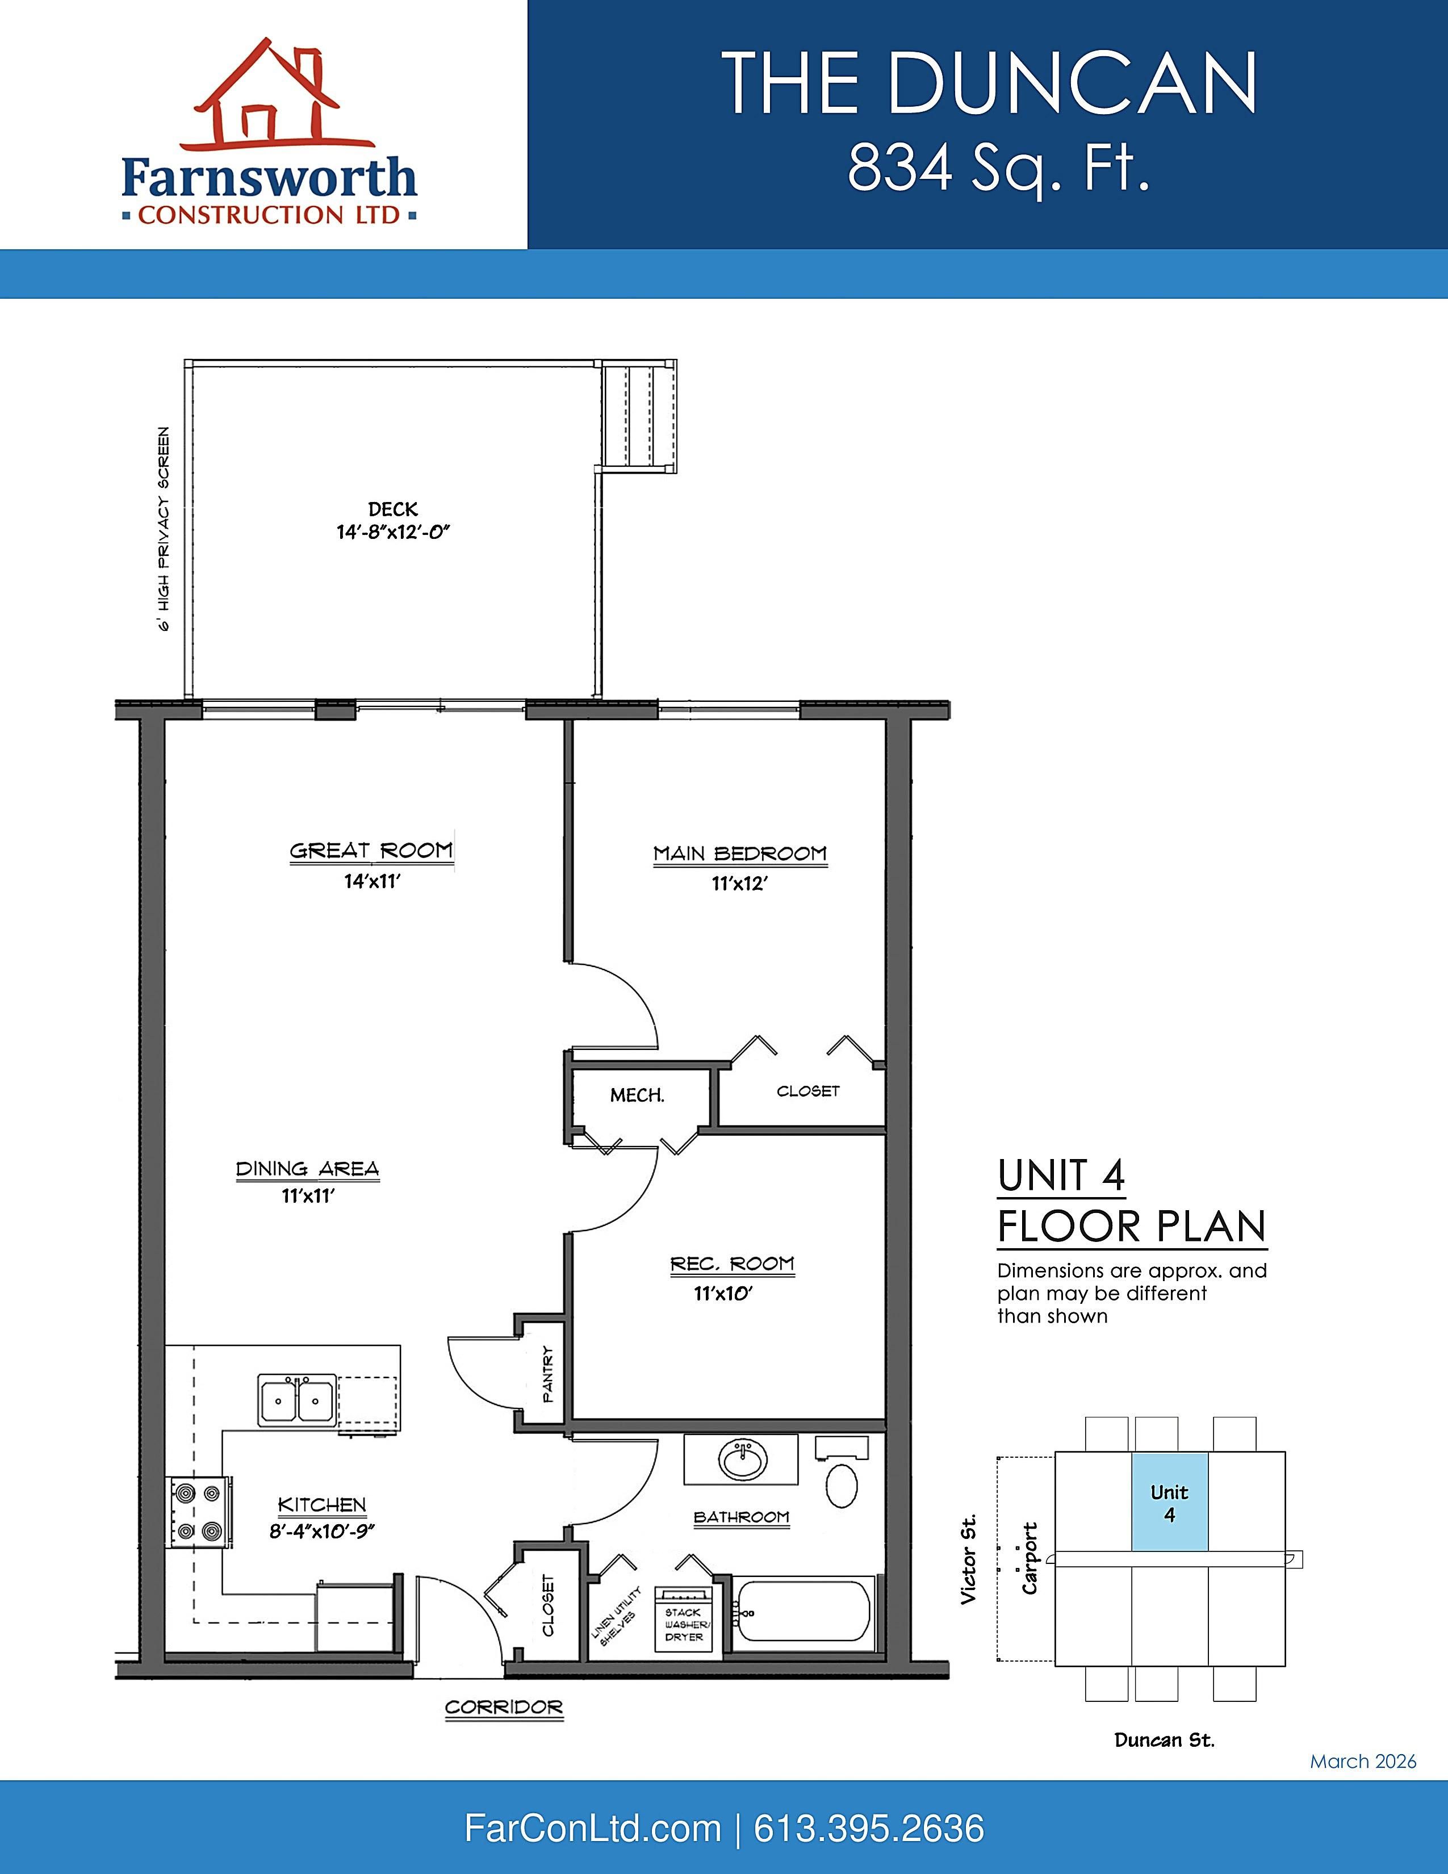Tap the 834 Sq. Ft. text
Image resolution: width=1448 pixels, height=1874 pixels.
pos(998,168)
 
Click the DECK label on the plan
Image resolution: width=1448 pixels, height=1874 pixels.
pos(393,510)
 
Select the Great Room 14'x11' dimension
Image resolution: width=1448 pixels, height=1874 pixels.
pos(373,881)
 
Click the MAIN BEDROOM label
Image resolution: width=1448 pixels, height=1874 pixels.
pos(740,854)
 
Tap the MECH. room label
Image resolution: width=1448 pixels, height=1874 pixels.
pos(637,1096)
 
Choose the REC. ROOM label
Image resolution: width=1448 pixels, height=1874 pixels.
pos(733,1264)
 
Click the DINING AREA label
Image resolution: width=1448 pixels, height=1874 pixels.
pos(307,1169)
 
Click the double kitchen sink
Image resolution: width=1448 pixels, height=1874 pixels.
pos(297,1400)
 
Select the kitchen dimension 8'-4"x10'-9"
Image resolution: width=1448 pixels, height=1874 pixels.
pos(323,1532)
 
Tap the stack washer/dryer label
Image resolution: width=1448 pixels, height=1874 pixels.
pos(685,1625)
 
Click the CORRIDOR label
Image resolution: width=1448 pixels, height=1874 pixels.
pos(504,1708)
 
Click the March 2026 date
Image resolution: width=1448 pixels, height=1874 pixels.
pos(1363,1762)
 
